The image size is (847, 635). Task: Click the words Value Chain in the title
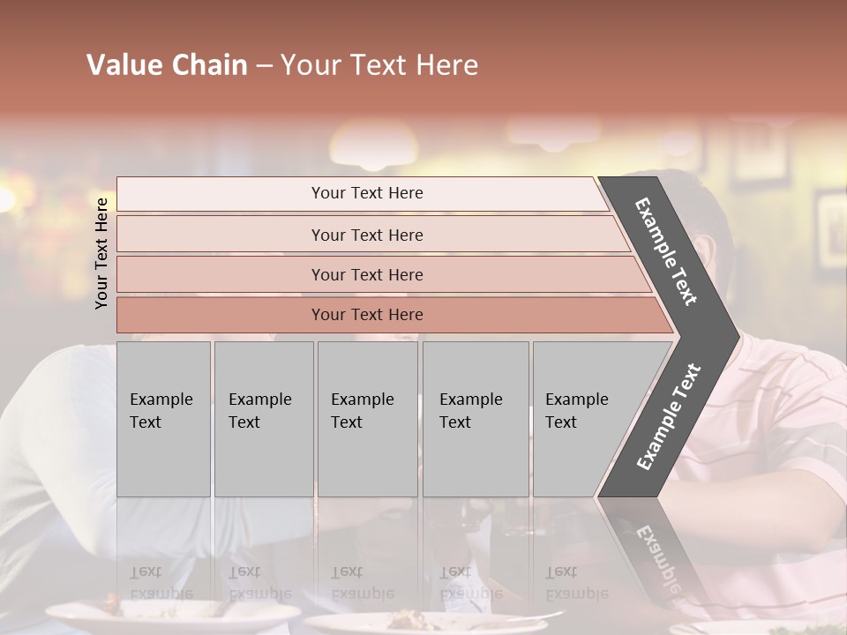[167, 65]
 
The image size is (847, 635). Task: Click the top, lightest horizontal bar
[221, 194]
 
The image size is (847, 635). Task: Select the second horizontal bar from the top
[221, 235]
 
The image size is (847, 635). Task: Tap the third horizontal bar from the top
[221, 274]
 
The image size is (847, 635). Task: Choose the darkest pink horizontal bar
[221, 315]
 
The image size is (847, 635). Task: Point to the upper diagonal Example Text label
[666, 251]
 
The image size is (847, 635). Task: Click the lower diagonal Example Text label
[668, 417]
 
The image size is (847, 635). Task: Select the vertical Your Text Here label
[101, 253]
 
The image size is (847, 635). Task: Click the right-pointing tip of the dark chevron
[734, 336]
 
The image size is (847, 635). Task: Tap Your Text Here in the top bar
[367, 193]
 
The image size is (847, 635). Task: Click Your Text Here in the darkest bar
[367, 315]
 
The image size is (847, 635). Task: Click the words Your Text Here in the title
[379, 65]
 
